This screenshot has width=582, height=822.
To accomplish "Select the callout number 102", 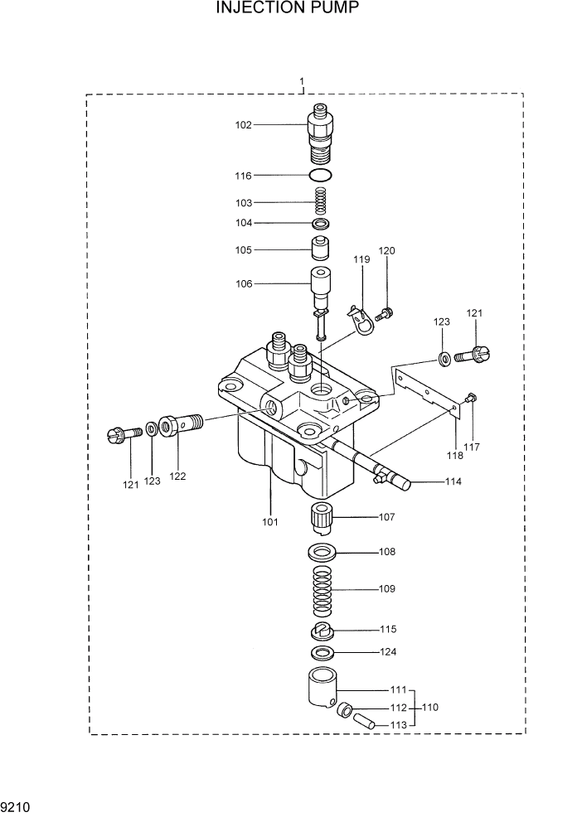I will pyautogui.click(x=243, y=125).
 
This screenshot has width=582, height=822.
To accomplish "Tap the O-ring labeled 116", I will pyautogui.click(x=321, y=176).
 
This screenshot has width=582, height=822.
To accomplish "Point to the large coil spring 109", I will pyautogui.click(x=320, y=590).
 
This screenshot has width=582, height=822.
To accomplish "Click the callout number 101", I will pyautogui.click(x=271, y=522).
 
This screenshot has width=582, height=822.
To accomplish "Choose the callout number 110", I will pyautogui.click(x=430, y=708).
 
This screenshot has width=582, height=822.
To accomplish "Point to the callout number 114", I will pyautogui.click(x=453, y=481).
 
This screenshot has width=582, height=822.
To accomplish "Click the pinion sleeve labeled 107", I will pyautogui.click(x=321, y=519).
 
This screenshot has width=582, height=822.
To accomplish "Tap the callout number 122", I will pyautogui.click(x=177, y=476).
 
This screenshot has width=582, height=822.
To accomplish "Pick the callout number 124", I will pyautogui.click(x=387, y=652).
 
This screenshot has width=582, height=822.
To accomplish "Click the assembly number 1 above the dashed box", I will pyautogui.click(x=302, y=82).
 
